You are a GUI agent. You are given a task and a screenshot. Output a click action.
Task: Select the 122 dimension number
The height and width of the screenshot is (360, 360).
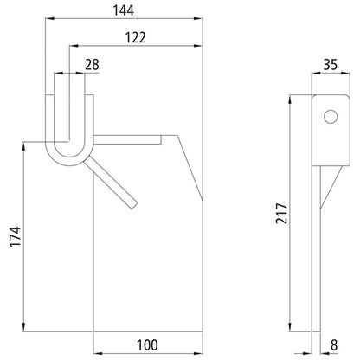coord(134,36)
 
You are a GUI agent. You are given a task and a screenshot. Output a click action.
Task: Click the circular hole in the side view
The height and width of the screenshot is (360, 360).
coord(329,115)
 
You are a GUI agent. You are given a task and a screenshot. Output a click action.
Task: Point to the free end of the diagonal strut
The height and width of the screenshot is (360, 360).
coord(132,204)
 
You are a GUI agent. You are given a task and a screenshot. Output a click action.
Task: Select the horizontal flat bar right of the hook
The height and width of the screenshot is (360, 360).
coord(130,138)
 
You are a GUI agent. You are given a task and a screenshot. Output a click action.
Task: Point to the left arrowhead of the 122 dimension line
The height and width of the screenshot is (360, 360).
coord(72,45)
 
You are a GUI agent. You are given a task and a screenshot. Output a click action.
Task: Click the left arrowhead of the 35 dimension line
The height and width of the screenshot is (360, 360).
coord(315,74)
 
